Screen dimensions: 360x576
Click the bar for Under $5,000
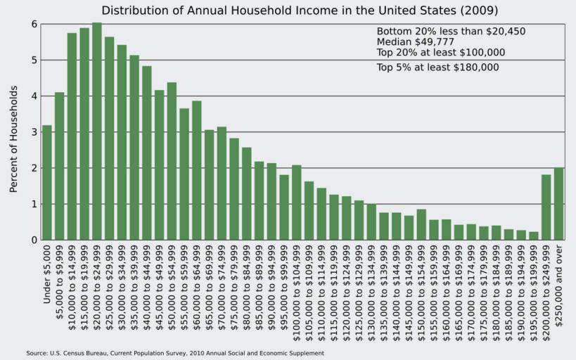[47, 183]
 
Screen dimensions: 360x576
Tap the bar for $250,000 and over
[558, 204]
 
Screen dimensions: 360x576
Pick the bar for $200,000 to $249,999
[546, 207]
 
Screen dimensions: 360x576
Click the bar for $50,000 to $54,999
[172, 162]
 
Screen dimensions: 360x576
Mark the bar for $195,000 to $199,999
[533, 236]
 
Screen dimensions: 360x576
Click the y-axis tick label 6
[33, 24]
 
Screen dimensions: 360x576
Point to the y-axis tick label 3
[33, 132]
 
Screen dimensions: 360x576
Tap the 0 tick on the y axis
[33, 240]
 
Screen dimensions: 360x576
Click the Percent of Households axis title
[13, 139]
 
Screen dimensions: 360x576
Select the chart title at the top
[300, 11]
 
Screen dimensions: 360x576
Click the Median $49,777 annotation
[415, 42]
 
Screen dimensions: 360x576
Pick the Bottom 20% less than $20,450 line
[451, 32]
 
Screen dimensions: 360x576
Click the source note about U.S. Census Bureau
[175, 353]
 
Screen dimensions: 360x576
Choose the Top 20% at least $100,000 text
[440, 53]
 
